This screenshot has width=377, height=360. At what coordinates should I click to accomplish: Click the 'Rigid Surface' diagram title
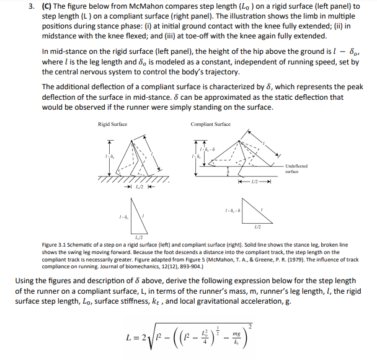pyautogui.click(x=112, y=125)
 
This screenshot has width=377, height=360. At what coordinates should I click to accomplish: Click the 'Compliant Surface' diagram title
pyautogui.click(x=211, y=125)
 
